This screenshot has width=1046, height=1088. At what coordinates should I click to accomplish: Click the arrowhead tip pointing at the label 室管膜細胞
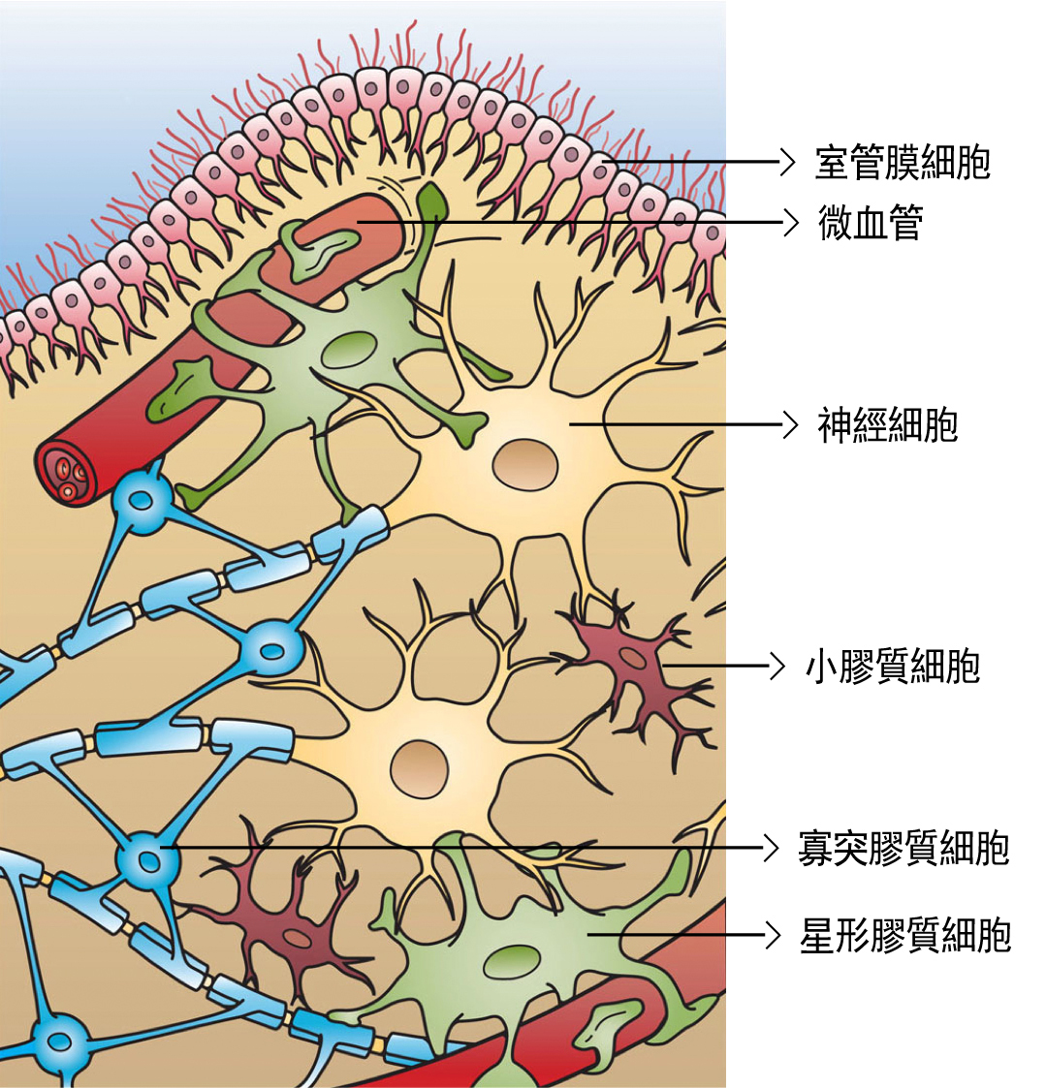pyautogui.click(x=793, y=162)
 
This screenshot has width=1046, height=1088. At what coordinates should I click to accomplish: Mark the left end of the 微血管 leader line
pyautogui.click(x=358, y=222)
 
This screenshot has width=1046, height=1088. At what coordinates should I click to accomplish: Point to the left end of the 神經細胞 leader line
pyautogui.click(x=570, y=424)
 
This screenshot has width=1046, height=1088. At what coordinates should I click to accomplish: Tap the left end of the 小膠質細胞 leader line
pyautogui.click(x=663, y=667)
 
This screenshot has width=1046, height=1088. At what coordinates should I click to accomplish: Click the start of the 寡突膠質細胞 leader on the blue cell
pyautogui.click(x=161, y=847)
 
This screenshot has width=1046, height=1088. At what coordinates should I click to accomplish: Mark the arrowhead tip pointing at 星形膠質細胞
pyautogui.click(x=780, y=935)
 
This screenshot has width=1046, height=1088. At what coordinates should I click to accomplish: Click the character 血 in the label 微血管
pyautogui.click(x=871, y=222)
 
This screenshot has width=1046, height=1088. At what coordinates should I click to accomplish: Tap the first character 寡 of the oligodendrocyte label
pyautogui.click(x=815, y=848)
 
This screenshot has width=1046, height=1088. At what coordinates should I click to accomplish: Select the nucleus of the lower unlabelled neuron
pyautogui.click(x=419, y=769)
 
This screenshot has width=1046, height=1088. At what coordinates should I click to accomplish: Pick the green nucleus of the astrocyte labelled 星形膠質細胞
pyautogui.click(x=512, y=963)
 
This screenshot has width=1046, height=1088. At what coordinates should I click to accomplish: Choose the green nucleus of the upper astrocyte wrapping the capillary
pyautogui.click(x=350, y=349)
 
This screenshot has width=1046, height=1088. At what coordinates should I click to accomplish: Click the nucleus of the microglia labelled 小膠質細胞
pyautogui.click(x=632, y=657)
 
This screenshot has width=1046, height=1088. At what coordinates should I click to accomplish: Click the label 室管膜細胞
pyautogui.click(x=903, y=163)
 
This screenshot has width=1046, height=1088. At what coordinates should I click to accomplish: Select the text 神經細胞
pyautogui.click(x=887, y=424)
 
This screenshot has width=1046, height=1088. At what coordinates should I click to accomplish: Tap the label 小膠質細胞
pyautogui.click(x=893, y=667)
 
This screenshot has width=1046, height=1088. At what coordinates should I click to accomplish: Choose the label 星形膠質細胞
pyautogui.click(x=905, y=935)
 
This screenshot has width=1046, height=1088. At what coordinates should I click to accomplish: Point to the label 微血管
pyautogui.click(x=871, y=222)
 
